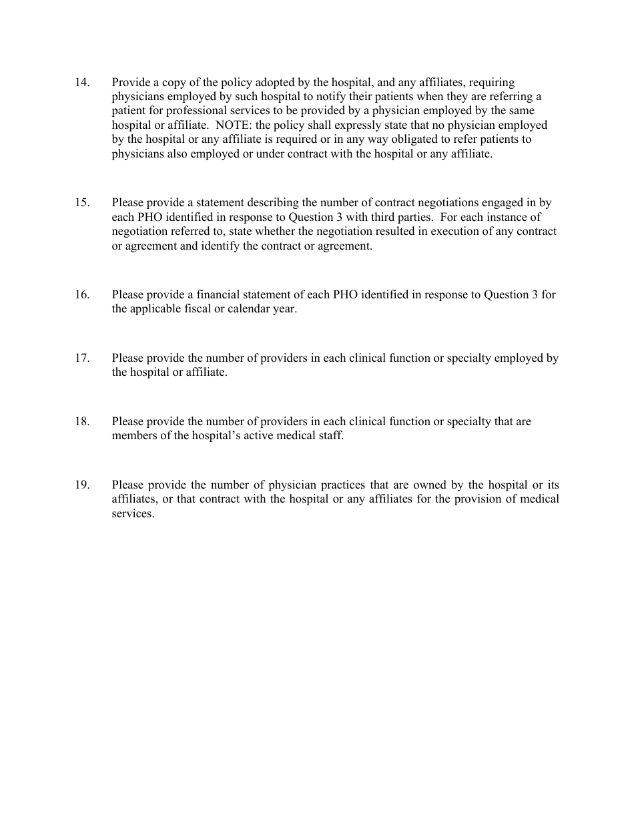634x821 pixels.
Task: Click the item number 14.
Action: click(82, 83)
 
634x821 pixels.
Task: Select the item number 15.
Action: click(82, 203)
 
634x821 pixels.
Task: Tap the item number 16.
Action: click(82, 295)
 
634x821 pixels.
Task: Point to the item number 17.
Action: click(82, 358)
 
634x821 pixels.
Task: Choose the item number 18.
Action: click(82, 422)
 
